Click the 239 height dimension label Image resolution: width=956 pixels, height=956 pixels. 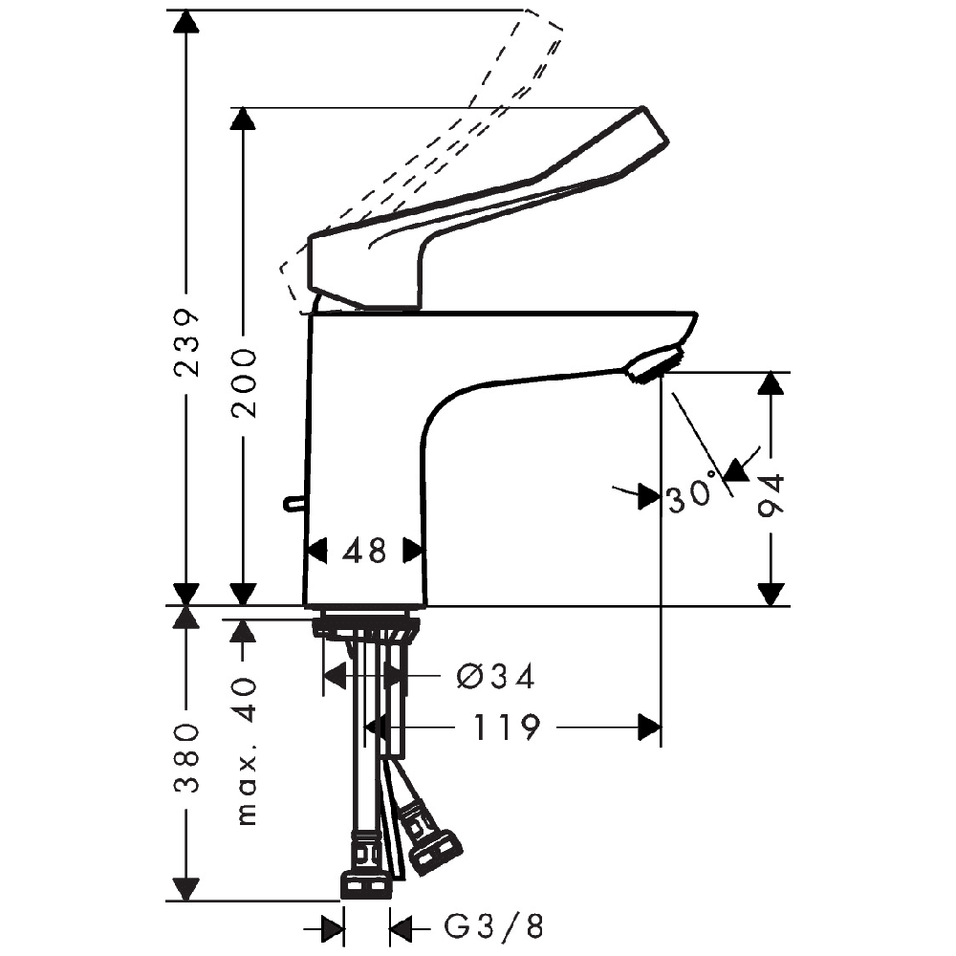point(186,343)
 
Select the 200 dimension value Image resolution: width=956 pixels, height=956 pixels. point(244,383)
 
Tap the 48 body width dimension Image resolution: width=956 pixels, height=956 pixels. point(364,552)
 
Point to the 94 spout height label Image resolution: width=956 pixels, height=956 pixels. point(771,496)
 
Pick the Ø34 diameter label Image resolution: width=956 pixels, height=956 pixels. point(495,677)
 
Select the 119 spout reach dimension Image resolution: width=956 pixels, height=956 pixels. point(506,727)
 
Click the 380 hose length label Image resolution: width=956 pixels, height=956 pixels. point(186,758)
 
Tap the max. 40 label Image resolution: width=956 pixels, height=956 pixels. point(247,751)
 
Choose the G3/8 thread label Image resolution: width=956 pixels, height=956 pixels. point(493,928)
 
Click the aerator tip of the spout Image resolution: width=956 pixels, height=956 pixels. point(654,364)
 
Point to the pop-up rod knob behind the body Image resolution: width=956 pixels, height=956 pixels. point(293,503)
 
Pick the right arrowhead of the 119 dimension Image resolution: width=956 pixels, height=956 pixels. point(649,727)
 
